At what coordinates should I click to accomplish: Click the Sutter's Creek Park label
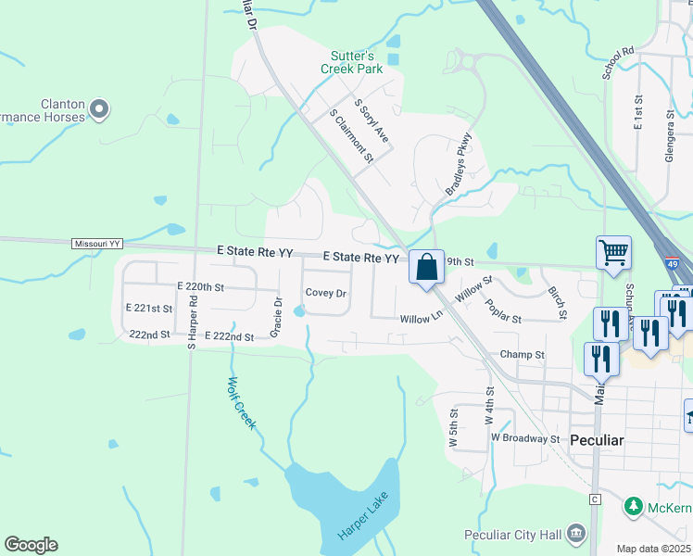tap(352, 62)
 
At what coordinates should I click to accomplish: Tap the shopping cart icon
tap(613, 252)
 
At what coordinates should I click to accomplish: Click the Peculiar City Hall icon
tap(576, 533)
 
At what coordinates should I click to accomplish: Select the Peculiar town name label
tap(597, 438)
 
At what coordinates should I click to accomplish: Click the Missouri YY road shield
tap(97, 244)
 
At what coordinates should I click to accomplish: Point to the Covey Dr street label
tap(325, 293)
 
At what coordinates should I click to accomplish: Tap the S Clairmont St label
tap(351, 135)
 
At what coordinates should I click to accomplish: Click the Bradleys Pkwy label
tap(459, 164)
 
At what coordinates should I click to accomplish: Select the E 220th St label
tap(200, 287)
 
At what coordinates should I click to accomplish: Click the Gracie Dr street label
tap(276, 316)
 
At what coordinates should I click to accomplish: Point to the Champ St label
tap(522, 354)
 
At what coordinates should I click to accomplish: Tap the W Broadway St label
tap(525, 437)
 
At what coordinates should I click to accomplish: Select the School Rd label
tap(617, 62)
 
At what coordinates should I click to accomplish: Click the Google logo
tap(31, 545)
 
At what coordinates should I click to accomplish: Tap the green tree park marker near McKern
tap(634, 507)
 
